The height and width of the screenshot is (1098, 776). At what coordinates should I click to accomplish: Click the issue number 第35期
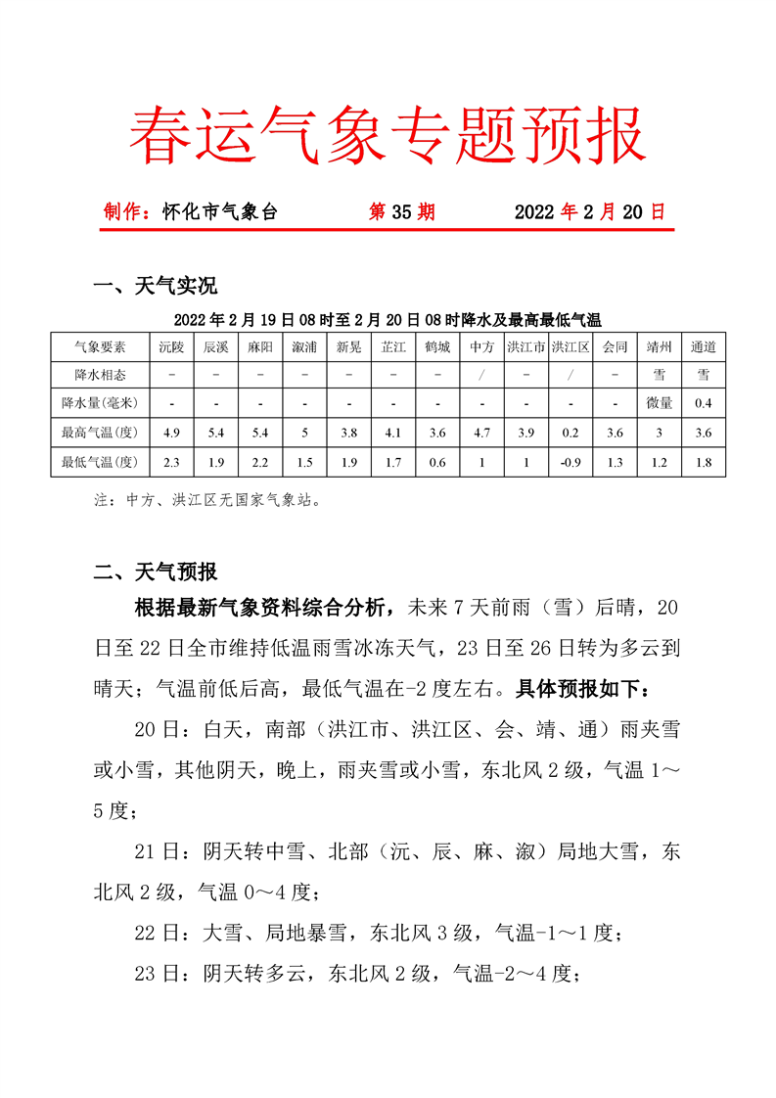click(401, 211)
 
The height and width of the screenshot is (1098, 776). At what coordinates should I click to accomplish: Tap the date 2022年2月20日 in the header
click(589, 211)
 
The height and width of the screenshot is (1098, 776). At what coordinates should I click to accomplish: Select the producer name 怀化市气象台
click(220, 211)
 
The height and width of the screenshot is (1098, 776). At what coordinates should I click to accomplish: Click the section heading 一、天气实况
click(155, 287)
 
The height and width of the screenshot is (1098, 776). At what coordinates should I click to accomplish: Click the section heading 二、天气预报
click(155, 572)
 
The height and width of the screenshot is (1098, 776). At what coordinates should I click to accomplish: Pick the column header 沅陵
click(171, 347)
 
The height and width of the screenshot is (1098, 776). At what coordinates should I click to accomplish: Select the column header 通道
click(703, 347)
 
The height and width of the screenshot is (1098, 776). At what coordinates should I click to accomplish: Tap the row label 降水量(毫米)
click(100, 403)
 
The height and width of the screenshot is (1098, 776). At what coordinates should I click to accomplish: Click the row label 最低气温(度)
click(100, 462)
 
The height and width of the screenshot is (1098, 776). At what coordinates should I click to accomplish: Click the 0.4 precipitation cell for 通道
click(703, 403)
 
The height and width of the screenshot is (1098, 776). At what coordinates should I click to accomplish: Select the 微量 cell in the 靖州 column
click(659, 403)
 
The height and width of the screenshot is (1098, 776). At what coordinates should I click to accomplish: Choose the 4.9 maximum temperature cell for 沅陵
click(171, 433)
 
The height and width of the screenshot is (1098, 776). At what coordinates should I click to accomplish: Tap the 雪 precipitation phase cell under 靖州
click(659, 375)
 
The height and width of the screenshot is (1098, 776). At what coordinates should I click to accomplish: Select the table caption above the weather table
click(388, 320)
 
